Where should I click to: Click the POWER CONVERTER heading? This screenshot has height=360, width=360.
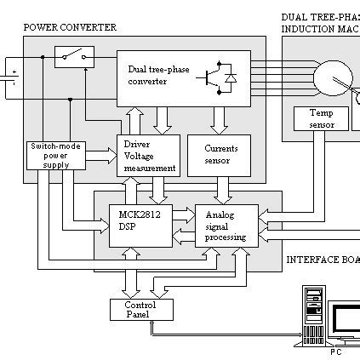(70, 27)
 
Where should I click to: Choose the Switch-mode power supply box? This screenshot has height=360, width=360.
(50, 153)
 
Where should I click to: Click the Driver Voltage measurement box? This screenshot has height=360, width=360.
(149, 156)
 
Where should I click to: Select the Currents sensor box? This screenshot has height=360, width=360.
(220, 154)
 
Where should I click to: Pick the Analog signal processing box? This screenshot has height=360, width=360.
(226, 226)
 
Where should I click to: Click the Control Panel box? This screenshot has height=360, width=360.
(140, 309)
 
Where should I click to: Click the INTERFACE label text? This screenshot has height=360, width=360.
(316, 260)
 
